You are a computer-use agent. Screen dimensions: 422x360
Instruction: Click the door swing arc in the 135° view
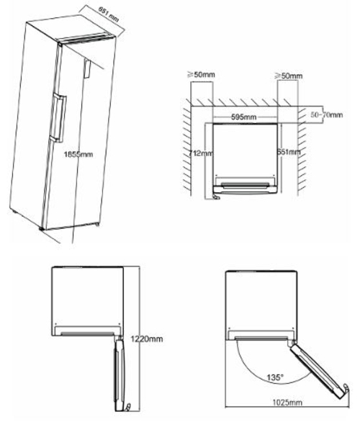248,364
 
